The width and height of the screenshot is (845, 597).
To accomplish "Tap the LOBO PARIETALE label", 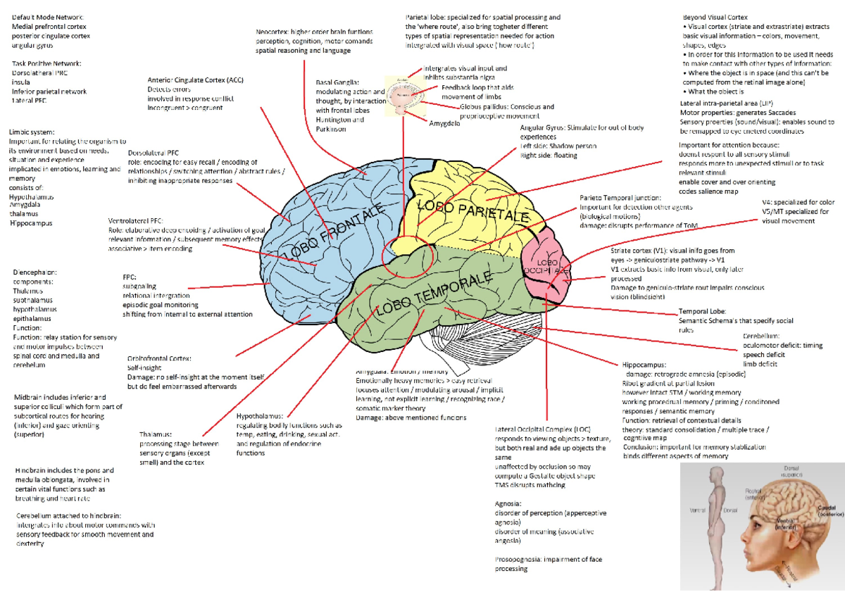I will tap(473, 211).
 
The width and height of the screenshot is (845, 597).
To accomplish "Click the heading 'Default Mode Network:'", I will tap(46, 17).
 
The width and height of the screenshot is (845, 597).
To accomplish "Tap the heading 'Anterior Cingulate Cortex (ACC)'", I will tap(195, 80).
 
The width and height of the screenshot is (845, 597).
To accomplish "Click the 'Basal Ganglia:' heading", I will tap(337, 82).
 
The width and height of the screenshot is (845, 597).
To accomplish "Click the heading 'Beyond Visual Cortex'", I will tap(715, 17).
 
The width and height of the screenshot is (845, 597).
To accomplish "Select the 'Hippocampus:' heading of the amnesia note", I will tap(644, 365).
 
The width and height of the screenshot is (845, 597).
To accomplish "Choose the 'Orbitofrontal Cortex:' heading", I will tap(159, 358).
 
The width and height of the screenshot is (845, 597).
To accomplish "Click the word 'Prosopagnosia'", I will tap(518, 560).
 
